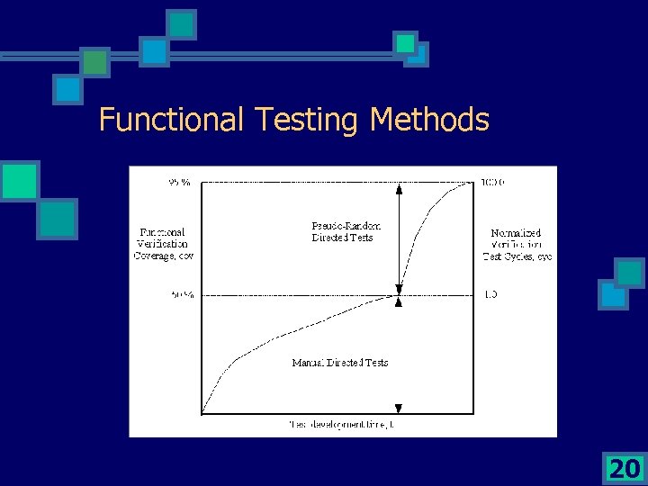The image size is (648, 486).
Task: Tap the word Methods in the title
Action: (x=429, y=119)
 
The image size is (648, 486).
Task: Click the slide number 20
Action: (x=623, y=468)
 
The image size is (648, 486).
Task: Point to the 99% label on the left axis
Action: (x=179, y=183)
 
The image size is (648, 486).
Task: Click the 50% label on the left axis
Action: (x=182, y=294)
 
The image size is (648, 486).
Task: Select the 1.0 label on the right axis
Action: (x=491, y=294)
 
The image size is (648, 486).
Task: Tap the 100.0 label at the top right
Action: (x=493, y=183)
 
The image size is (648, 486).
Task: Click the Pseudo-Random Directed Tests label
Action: (x=346, y=231)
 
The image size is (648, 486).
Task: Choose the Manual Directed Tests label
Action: (x=340, y=363)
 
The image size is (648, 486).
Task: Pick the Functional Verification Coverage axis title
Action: (x=163, y=243)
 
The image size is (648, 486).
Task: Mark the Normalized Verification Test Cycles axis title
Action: (x=517, y=245)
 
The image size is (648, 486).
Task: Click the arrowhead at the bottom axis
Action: (x=399, y=409)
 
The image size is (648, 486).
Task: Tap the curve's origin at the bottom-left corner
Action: (x=202, y=413)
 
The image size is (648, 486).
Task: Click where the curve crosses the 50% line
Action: (x=398, y=294)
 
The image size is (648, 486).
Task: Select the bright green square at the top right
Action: (x=406, y=42)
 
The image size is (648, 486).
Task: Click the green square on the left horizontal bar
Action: (x=95, y=62)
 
